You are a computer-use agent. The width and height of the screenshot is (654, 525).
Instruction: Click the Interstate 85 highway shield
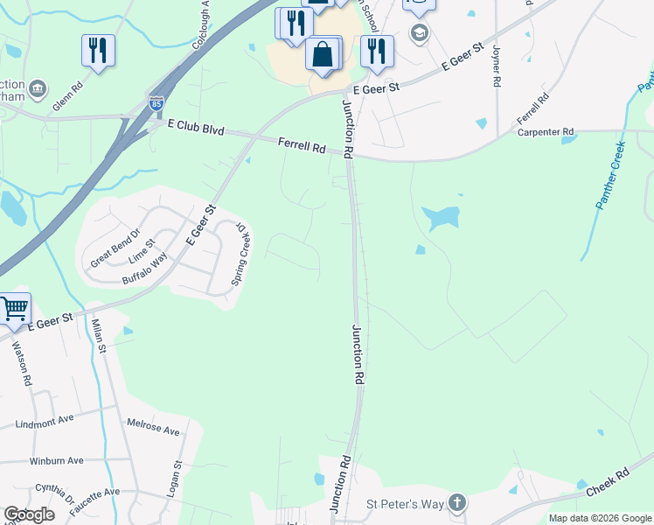[x=156, y=103]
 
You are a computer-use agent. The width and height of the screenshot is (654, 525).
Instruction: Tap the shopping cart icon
[x=14, y=308]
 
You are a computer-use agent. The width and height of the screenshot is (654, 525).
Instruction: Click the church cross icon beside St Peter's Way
[x=456, y=503]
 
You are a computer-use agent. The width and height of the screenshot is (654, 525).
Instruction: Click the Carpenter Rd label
[x=544, y=132]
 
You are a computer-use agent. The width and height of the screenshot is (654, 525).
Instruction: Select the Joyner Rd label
[x=496, y=66]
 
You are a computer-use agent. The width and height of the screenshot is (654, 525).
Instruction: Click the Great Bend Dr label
[x=115, y=249]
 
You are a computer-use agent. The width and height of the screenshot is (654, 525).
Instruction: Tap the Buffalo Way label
[x=144, y=270]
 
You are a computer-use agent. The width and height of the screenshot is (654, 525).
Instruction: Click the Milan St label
[x=98, y=336]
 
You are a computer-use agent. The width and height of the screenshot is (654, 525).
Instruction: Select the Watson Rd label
[x=23, y=363]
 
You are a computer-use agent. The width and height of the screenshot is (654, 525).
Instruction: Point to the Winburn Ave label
[x=56, y=460]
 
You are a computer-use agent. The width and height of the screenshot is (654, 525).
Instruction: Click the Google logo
[x=29, y=514]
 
